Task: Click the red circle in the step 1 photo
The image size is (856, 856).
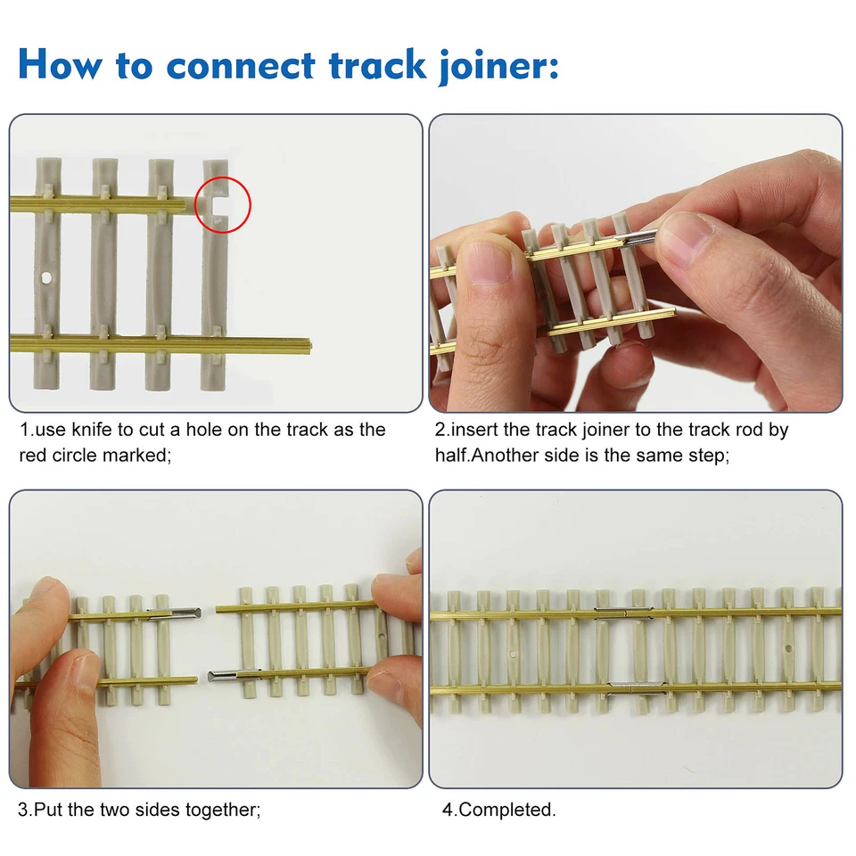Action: pyautogui.click(x=222, y=204)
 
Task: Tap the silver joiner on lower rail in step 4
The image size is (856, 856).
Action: pyautogui.click(x=635, y=687)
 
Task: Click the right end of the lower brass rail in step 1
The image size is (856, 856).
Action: pyautogui.click(x=307, y=342)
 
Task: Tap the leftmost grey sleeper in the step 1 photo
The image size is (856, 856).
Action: pyautogui.click(x=46, y=267)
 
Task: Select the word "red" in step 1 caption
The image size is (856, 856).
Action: pyautogui.click(x=33, y=455)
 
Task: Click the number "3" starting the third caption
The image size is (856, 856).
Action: pyautogui.click(x=23, y=810)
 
